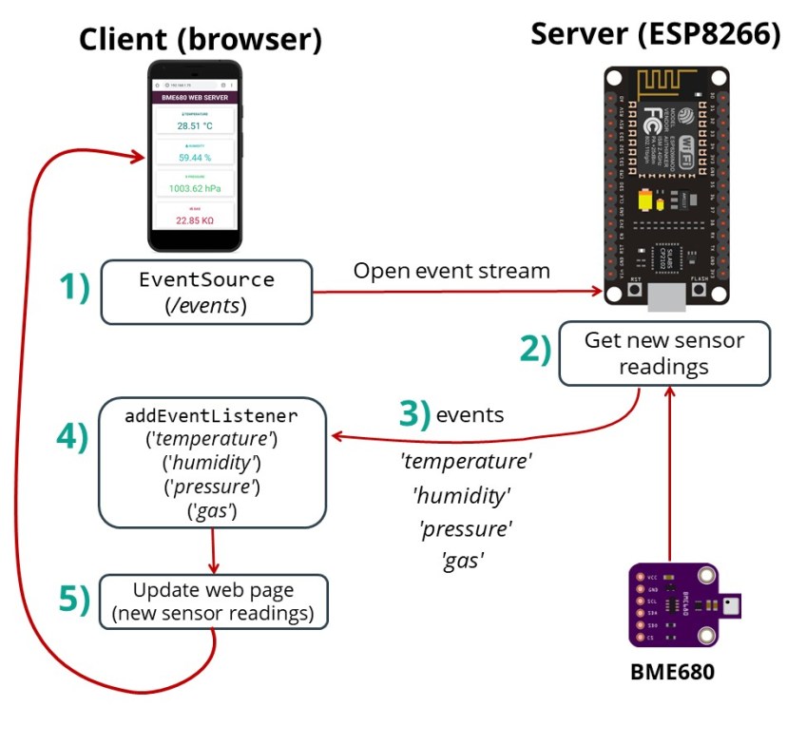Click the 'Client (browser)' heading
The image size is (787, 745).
200,39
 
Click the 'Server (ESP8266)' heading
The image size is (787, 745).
655,33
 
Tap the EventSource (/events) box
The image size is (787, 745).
206,292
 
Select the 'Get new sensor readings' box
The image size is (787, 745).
663,353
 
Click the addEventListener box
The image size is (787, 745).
212,463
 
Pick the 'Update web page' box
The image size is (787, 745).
213,601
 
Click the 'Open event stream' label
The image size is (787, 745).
451,271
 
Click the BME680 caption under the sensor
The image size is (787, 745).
672,671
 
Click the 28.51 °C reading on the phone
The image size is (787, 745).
194,124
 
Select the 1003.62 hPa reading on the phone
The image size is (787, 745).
194,188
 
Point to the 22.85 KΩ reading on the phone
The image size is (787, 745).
194,220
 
